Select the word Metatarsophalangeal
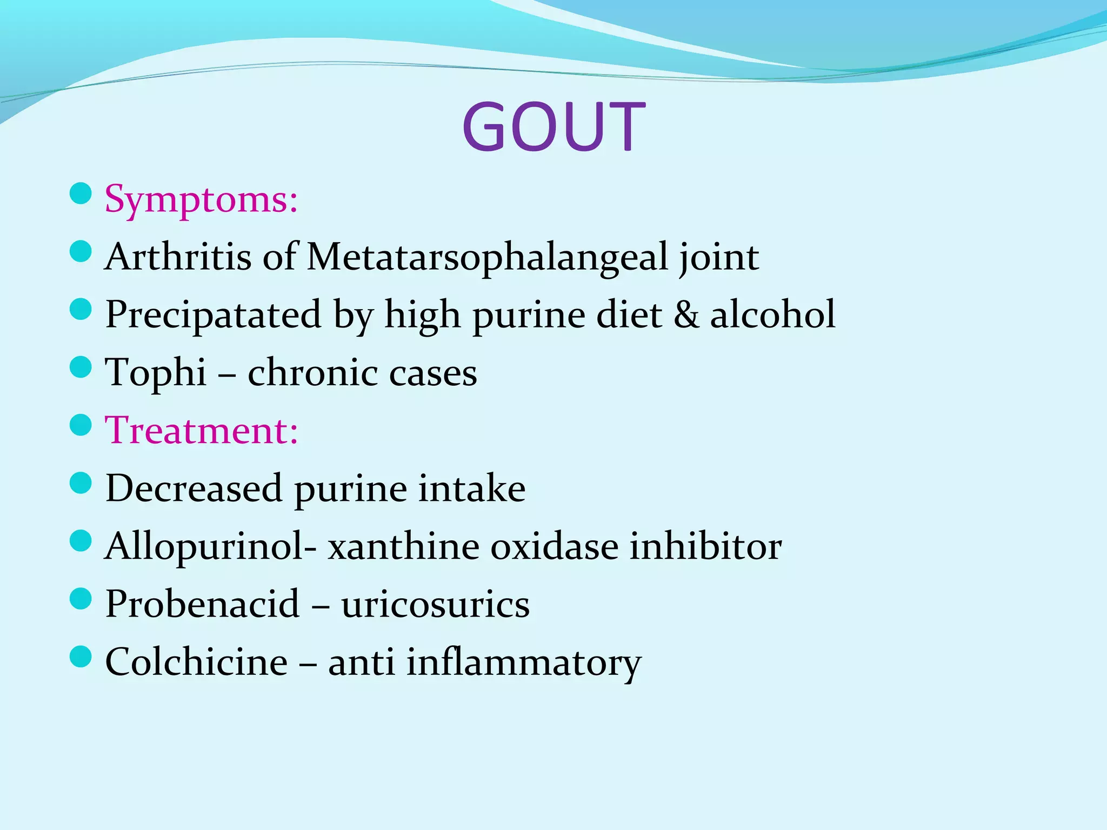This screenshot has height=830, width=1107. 487,256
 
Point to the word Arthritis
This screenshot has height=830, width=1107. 178,256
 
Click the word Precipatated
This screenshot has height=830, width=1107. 213,314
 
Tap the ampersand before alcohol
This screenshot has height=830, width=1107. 685,314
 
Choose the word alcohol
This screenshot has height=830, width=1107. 773,314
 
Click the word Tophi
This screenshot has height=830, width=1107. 156,372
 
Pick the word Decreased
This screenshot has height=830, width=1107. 194,488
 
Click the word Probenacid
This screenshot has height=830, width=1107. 202,604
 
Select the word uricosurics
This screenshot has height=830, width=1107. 435,604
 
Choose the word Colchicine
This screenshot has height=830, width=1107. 196,661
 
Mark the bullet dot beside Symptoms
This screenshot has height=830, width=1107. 81,193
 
